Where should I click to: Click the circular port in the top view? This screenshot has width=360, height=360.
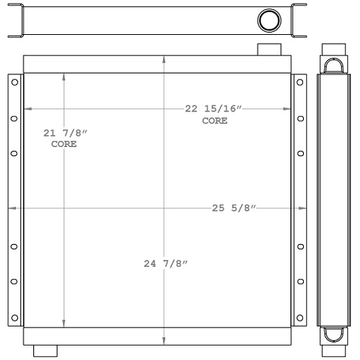(x=269, y=20)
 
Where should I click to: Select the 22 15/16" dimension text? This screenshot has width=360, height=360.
(x=214, y=109)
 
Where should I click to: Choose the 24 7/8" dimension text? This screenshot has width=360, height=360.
(x=165, y=264)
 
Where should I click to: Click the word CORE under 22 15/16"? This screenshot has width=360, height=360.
(x=214, y=121)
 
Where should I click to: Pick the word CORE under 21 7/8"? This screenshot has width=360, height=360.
(x=64, y=144)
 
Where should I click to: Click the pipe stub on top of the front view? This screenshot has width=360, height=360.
(x=269, y=49)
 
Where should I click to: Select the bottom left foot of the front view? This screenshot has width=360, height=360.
(x=45, y=350)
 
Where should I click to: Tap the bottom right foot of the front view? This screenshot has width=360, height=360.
(x=269, y=350)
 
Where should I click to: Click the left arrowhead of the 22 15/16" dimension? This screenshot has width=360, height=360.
(x=29, y=109)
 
